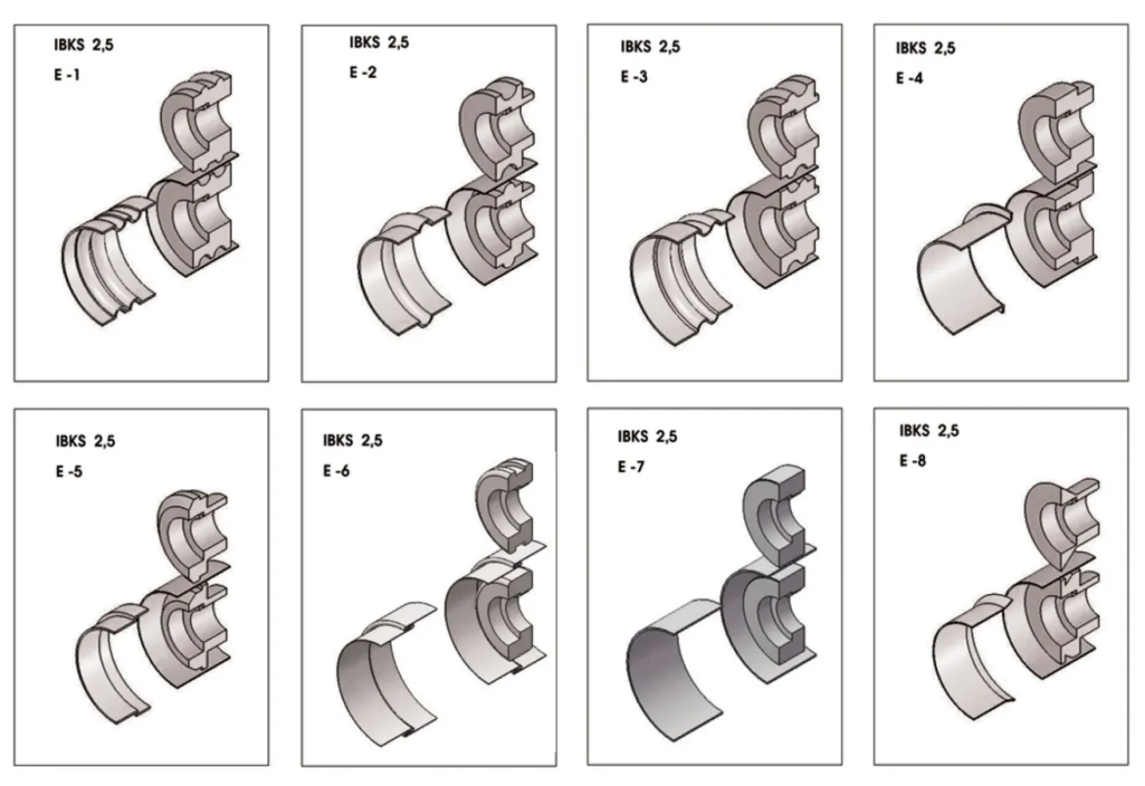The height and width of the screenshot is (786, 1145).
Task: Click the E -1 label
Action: coord(67,75)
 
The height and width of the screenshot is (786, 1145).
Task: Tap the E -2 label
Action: coord(363,73)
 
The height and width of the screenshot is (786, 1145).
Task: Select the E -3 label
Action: coord(634,77)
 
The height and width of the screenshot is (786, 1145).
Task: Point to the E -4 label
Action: coord(909,79)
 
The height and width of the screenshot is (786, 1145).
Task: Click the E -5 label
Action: coord(69,471)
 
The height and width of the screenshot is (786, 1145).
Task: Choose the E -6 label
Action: coord(336,470)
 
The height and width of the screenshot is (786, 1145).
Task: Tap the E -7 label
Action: coord(631,466)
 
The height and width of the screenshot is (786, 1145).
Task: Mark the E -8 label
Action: coord(913,461)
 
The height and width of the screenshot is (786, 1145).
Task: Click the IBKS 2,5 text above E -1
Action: coord(83,45)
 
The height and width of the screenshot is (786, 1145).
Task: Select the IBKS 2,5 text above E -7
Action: coord(647,437)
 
